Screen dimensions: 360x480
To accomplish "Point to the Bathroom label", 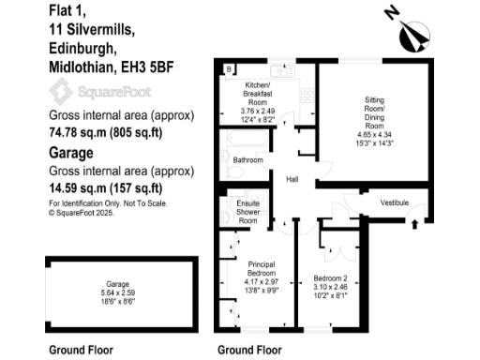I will pyautogui.click(x=248, y=160).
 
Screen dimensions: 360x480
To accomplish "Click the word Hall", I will pyautogui.click(x=292, y=180).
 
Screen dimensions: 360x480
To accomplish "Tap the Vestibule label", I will pyautogui.click(x=396, y=202).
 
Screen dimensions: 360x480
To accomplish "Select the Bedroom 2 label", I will pyautogui.click(x=333, y=278).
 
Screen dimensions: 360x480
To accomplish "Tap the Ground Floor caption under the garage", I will pyautogui.click(x=81, y=350).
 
